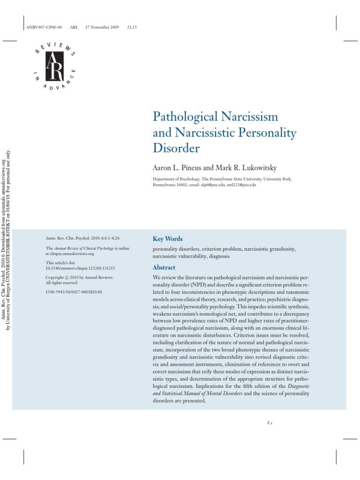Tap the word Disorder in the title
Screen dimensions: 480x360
click(176, 149)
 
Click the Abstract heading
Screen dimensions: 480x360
click(164, 268)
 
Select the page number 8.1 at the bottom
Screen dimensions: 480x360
click(270, 423)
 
